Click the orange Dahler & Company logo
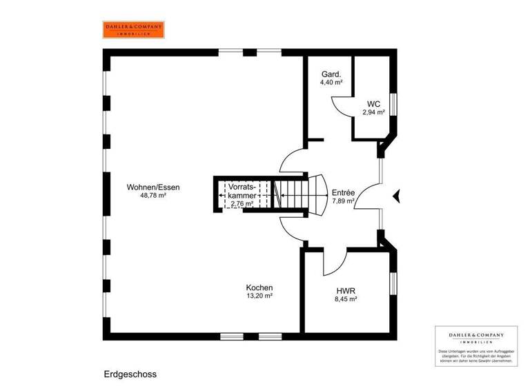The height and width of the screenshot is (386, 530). pos(134,29)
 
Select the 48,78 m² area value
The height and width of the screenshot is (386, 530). pos(153,196)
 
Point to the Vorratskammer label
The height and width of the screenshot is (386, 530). pos(242,191)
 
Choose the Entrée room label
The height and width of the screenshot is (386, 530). pos(343,193)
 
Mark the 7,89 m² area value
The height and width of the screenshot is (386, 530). pos(343,202)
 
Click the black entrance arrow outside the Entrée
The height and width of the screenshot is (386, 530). pos(395,196)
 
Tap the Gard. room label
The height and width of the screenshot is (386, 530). pos(332,74)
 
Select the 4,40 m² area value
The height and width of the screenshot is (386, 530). pos(332,83)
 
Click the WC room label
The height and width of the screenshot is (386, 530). pos(373,104)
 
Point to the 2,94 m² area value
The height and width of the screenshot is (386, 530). pos(373,112)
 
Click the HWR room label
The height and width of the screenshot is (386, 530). pos(345,290)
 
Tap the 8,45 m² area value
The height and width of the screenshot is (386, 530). pos(345,299)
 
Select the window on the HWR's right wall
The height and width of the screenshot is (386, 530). pos(393,283)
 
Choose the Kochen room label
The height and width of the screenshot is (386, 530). pos(259,287)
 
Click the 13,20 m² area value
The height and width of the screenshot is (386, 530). pos(259,296)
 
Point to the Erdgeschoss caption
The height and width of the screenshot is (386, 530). pos(130,374)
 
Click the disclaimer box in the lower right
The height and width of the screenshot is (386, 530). pos(477,345)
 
